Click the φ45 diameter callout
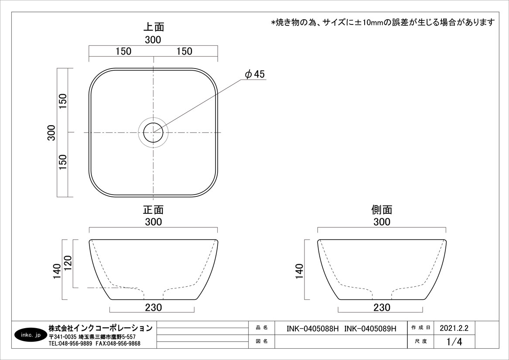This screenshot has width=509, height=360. (x=255, y=74)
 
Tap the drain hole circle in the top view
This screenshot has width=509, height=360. (x=153, y=123)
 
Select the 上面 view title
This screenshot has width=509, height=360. (x=154, y=27)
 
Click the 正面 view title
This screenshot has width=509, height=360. (x=154, y=209)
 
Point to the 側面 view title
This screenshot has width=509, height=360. (x=382, y=209)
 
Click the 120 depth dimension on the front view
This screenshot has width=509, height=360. (x=68, y=264)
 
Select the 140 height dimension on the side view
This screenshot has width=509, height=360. (x=299, y=271)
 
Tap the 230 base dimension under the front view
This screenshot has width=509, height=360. (x=153, y=307)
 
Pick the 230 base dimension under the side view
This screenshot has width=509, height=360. (x=382, y=307)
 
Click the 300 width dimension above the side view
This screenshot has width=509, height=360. (x=382, y=222)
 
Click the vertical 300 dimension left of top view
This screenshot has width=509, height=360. (x=51, y=133)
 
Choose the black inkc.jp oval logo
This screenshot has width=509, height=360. (x=31, y=335)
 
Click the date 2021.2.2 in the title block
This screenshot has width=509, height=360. (x=454, y=328)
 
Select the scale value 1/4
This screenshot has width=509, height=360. (x=454, y=342)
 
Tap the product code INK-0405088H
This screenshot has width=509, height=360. (x=313, y=329)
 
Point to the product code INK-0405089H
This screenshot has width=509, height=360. (x=370, y=329)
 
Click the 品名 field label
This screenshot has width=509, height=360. (x=262, y=328)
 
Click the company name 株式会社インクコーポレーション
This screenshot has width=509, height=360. (x=100, y=328)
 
